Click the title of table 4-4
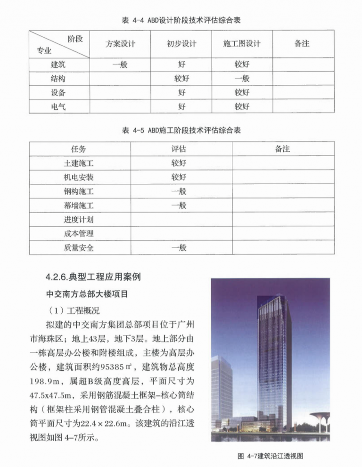click(x=181, y=20)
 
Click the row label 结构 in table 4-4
click(x=58, y=79)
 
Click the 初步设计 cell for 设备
click(x=181, y=93)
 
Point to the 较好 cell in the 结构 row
click(x=181, y=79)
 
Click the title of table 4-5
click(x=181, y=131)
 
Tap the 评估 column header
click(x=179, y=149)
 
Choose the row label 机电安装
click(x=79, y=177)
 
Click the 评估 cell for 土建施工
click(x=179, y=163)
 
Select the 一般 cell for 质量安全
click(x=179, y=247)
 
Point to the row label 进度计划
click(x=79, y=219)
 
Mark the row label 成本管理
click(x=79, y=233)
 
